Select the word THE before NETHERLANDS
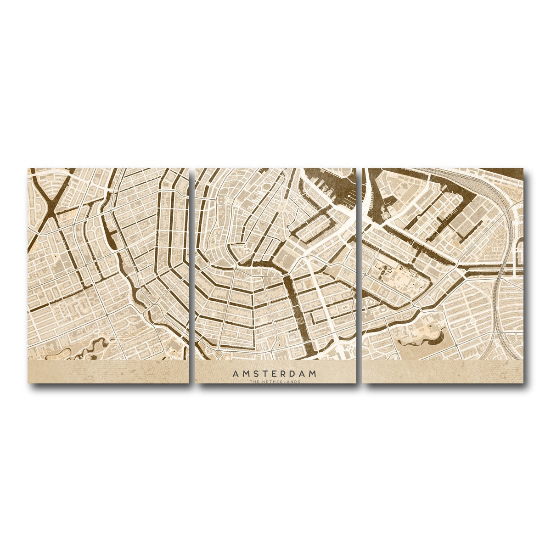click(x=254, y=381)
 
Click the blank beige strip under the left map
click(x=108, y=371)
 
